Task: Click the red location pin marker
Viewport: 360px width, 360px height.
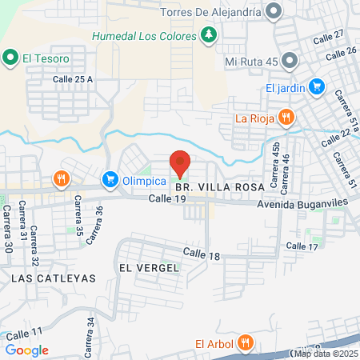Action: [180, 162]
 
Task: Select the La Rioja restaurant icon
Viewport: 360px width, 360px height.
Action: [285, 118]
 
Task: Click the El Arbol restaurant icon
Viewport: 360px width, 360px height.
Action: [246, 344]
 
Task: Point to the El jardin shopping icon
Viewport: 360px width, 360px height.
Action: [317, 87]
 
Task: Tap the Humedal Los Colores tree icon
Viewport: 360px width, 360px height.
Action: [209, 35]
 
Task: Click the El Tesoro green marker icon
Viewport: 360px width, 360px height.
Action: [10, 58]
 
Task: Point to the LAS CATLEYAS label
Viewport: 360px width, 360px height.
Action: [54, 278]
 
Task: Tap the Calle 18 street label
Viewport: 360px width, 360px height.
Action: [201, 254]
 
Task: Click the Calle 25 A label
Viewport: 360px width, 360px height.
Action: [73, 79]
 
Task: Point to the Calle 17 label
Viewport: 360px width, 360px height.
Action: [302, 246]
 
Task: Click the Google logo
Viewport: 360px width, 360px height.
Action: [26, 350]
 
